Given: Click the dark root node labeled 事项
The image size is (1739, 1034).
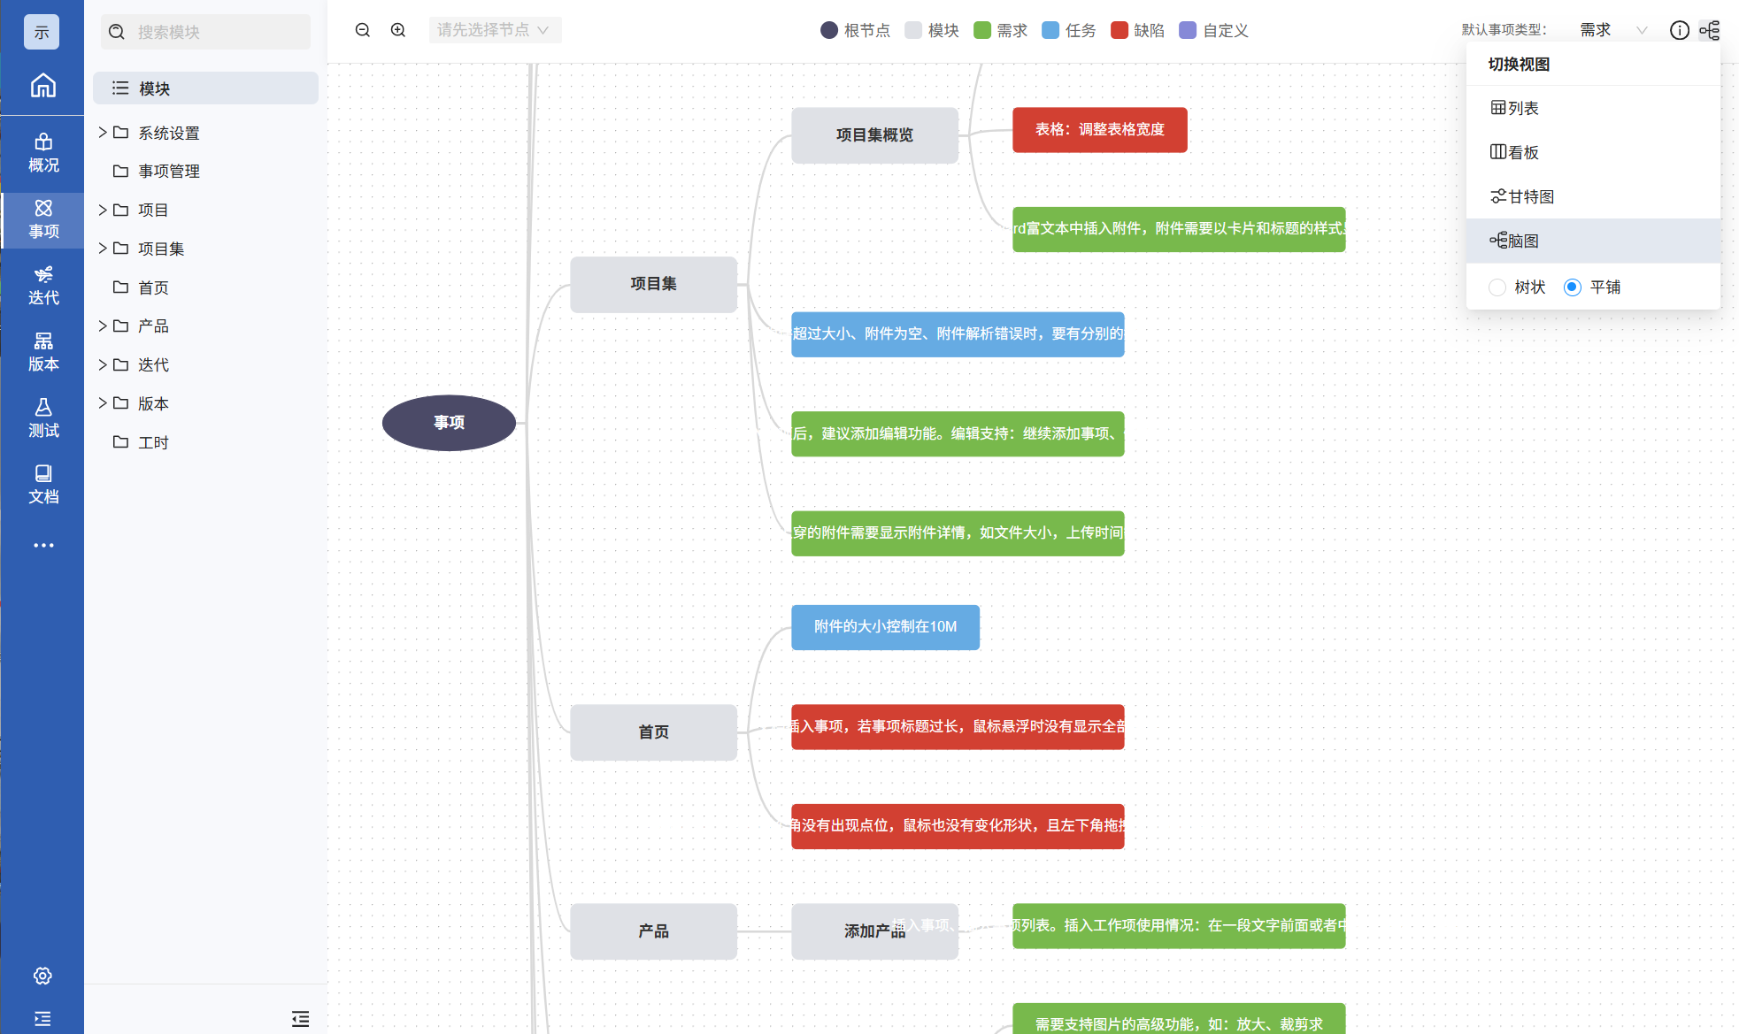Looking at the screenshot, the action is tap(449, 423).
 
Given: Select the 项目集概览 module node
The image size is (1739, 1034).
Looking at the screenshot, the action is tap(874, 135).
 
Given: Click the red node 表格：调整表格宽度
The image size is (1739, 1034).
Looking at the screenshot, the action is tap(1099, 130).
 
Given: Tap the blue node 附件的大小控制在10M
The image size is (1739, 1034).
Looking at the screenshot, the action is tap(885, 627).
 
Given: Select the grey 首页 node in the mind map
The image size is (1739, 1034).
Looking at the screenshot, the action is tap(653, 732).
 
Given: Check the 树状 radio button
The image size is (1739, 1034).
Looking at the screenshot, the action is tap(1497, 287).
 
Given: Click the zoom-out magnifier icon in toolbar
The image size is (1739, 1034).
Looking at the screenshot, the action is tap(363, 30).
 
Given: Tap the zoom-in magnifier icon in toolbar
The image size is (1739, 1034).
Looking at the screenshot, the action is tap(398, 30).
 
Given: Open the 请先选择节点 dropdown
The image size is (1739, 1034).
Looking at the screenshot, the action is tap(494, 30).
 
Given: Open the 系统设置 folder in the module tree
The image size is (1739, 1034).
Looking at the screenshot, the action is tap(168, 133).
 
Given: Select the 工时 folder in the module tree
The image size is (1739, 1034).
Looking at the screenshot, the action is tap(153, 442).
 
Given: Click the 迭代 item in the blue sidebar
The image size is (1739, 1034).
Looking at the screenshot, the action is tap(42, 285).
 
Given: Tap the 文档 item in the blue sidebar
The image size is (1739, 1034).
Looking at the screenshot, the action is tap(42, 484).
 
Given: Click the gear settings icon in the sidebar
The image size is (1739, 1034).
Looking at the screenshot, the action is tap(42, 976).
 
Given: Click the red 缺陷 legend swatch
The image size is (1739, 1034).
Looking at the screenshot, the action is tap(1120, 30).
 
